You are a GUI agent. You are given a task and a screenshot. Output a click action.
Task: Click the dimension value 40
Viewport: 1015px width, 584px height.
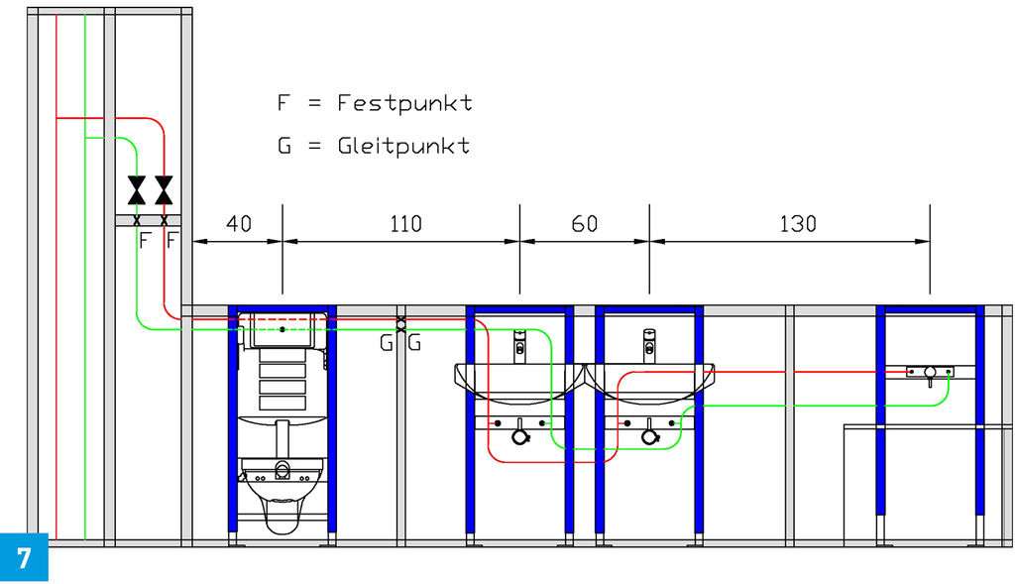click(x=238, y=224)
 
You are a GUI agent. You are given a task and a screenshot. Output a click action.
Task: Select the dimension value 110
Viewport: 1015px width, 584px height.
click(x=405, y=224)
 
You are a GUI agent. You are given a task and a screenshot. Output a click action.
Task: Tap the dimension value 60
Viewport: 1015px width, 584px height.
click(x=584, y=224)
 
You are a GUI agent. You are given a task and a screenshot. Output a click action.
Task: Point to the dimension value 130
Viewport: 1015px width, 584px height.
click(x=798, y=224)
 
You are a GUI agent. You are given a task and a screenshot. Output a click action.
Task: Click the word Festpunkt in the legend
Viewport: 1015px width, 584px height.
click(x=404, y=103)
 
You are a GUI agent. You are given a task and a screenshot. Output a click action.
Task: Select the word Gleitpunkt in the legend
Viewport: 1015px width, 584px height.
click(x=403, y=145)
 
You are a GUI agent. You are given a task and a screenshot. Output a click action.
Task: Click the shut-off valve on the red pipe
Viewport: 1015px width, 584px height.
click(x=165, y=189)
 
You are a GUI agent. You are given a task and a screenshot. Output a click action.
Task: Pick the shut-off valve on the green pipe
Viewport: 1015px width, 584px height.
click(x=137, y=189)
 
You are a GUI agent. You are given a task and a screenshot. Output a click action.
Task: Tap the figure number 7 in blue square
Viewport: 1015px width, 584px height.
click(x=24, y=557)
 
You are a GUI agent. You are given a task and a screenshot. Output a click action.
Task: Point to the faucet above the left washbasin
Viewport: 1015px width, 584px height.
click(x=519, y=346)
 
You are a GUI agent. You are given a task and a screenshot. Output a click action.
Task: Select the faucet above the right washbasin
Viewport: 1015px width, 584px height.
click(x=649, y=346)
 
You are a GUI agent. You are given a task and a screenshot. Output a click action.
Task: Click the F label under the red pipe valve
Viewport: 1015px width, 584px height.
click(x=171, y=241)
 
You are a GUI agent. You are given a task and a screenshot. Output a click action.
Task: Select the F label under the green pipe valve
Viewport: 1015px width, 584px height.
click(x=145, y=241)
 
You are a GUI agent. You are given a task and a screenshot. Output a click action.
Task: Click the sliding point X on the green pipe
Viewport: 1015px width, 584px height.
click(x=400, y=329)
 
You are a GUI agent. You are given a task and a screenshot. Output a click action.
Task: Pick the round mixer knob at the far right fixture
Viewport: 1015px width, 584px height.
click(x=930, y=372)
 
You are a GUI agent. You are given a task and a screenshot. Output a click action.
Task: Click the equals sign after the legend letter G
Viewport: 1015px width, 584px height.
click(x=314, y=145)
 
